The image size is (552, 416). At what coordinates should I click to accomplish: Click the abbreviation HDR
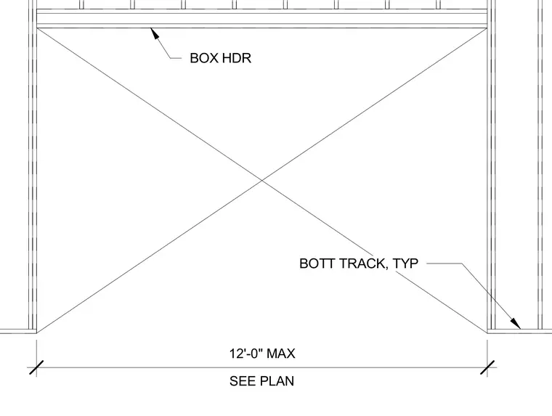tap(237, 58)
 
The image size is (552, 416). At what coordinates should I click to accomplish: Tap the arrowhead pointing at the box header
tap(155, 34)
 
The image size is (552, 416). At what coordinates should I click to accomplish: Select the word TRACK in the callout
tap(362, 264)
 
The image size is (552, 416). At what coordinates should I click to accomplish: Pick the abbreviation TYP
tap(405, 264)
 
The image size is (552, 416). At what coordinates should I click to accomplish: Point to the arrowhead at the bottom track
tap(516, 323)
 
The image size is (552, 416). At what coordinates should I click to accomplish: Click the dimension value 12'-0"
tap(245, 353)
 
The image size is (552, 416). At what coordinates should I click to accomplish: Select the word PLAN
tap(277, 381)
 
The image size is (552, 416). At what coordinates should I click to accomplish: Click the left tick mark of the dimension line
tap(36, 367)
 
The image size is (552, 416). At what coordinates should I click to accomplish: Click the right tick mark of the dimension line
tap(487, 367)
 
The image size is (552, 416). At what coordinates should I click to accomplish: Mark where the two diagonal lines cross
tap(262, 180)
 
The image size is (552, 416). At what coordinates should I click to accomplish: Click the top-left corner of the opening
tap(37, 28)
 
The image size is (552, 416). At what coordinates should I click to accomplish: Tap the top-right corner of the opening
tap(487, 28)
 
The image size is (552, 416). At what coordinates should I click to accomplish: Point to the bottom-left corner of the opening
tap(37, 333)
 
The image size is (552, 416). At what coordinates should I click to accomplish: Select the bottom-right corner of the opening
tap(487, 333)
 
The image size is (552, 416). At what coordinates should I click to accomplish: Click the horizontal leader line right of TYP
tap(445, 264)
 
